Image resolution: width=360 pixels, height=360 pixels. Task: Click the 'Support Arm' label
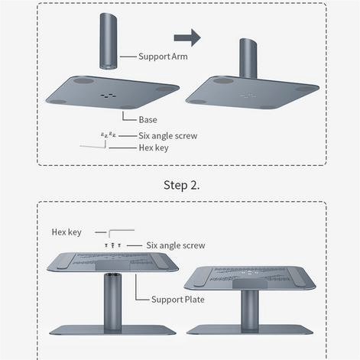point(163,57)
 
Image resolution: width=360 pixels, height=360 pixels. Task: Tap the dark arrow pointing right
point(187,37)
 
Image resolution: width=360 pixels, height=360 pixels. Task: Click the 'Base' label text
point(148,120)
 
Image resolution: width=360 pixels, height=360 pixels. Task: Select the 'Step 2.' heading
point(181,185)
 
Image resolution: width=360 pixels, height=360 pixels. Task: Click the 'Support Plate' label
point(178,300)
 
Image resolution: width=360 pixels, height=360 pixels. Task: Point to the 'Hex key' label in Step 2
point(66,232)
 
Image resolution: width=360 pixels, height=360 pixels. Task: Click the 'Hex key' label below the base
point(154,148)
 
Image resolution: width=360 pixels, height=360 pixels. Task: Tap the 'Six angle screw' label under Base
point(168,136)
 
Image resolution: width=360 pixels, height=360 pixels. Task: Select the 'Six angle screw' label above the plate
point(176,245)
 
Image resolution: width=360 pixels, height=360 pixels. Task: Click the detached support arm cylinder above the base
point(109,41)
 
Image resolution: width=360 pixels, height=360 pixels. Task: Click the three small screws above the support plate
point(112,245)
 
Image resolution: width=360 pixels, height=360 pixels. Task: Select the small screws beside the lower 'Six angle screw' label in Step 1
point(109,135)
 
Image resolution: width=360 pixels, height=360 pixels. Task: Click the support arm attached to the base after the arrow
point(248,59)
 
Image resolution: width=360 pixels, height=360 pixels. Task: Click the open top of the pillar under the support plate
point(112,275)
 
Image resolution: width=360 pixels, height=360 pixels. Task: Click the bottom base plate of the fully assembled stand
point(250,329)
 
